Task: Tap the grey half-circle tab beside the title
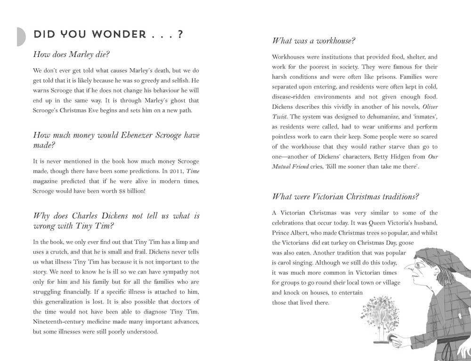[x=21, y=36]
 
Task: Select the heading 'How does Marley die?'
[x=71, y=54]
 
